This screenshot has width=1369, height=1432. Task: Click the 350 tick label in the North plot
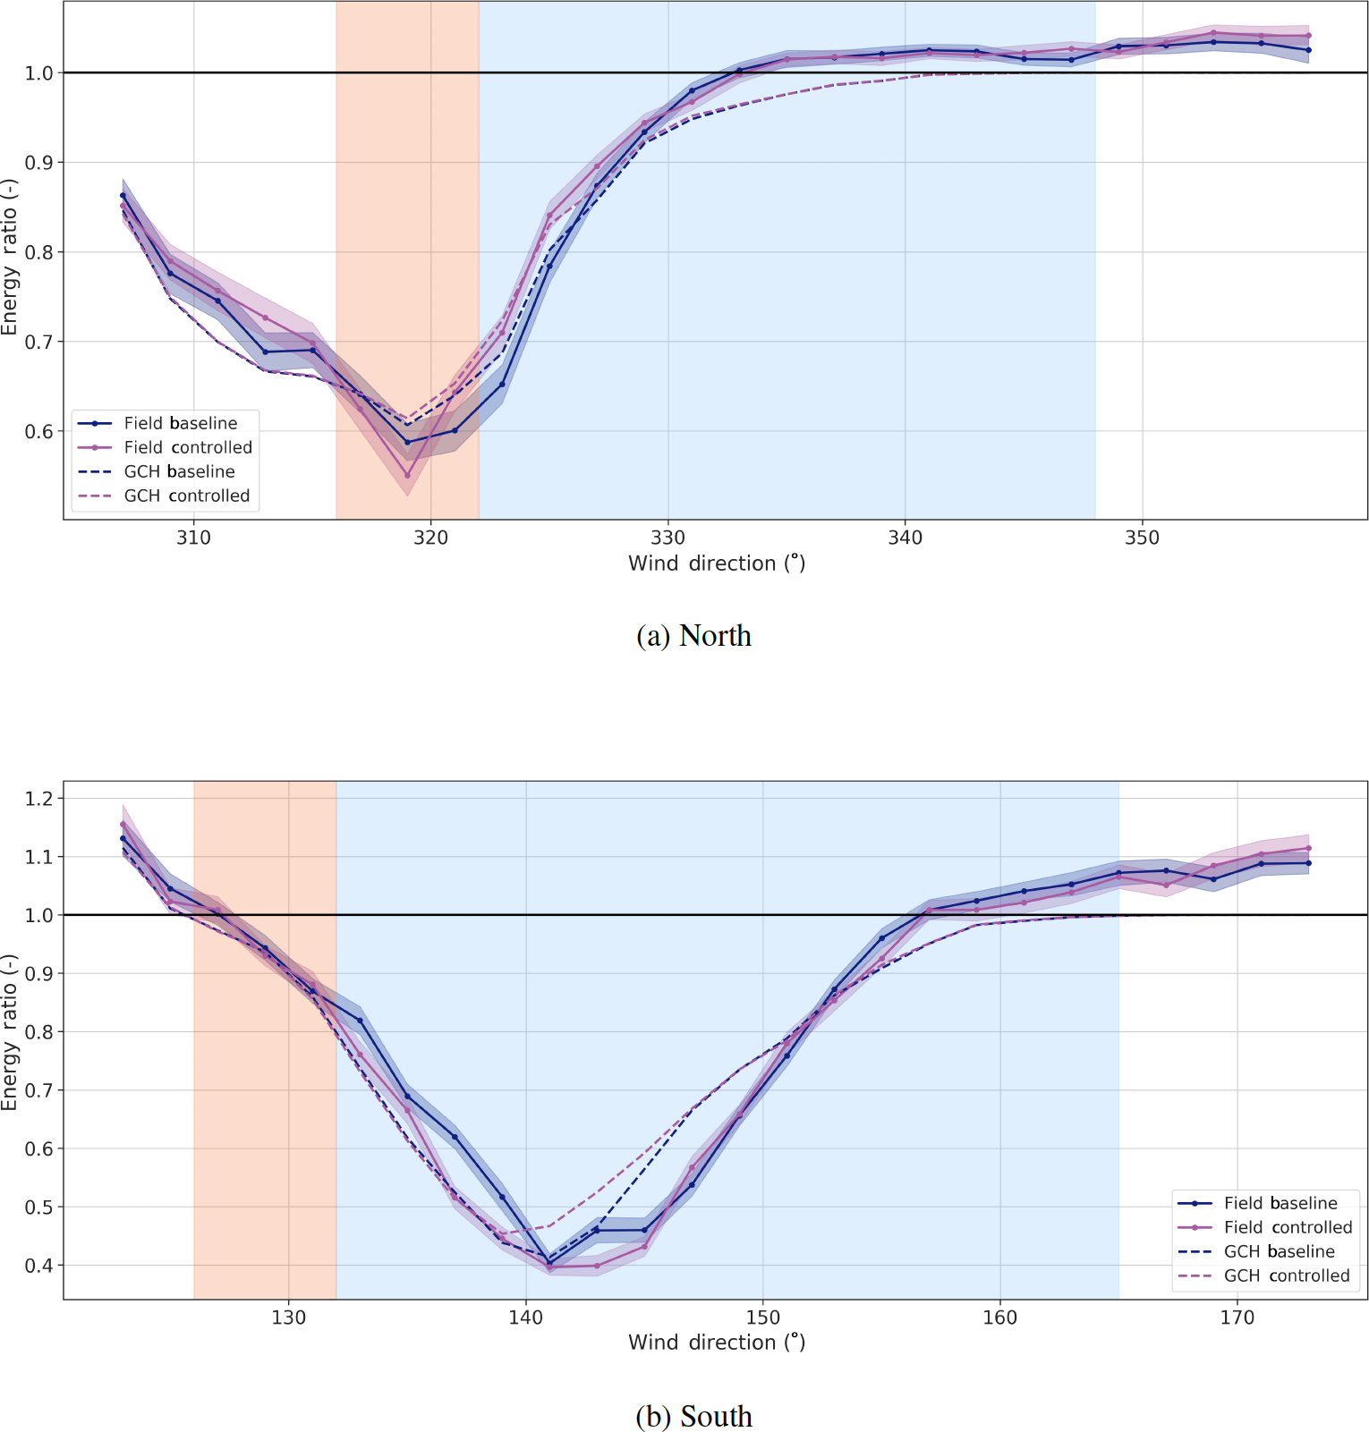1142,538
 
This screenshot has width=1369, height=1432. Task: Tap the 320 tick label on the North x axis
430,538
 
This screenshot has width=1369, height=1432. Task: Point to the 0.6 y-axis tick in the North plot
39,431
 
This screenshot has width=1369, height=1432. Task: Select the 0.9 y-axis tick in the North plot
39,163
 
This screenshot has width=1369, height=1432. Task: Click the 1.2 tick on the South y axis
39,798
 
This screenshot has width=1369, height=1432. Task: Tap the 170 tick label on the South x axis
1237,1318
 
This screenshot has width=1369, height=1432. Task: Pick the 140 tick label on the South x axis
525,1318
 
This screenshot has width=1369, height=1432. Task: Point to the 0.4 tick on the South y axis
39,1266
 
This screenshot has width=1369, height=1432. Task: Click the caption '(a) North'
693,636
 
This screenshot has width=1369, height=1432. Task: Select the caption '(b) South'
693,1416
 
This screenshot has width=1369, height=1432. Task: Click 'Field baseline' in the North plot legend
181,423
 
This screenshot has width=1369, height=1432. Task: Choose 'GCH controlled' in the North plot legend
187,496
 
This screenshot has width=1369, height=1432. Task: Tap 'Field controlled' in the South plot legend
1288,1227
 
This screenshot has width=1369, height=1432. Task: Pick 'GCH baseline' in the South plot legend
1279,1251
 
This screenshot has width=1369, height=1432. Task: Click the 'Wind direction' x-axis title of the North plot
717,563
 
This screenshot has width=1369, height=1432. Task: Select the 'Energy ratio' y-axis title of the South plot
10,1032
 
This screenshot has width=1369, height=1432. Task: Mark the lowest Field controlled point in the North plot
407,475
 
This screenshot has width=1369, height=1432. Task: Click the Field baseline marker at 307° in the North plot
123,195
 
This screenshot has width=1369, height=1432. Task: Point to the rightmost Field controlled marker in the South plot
1308,848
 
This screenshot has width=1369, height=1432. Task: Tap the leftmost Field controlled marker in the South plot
123,824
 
